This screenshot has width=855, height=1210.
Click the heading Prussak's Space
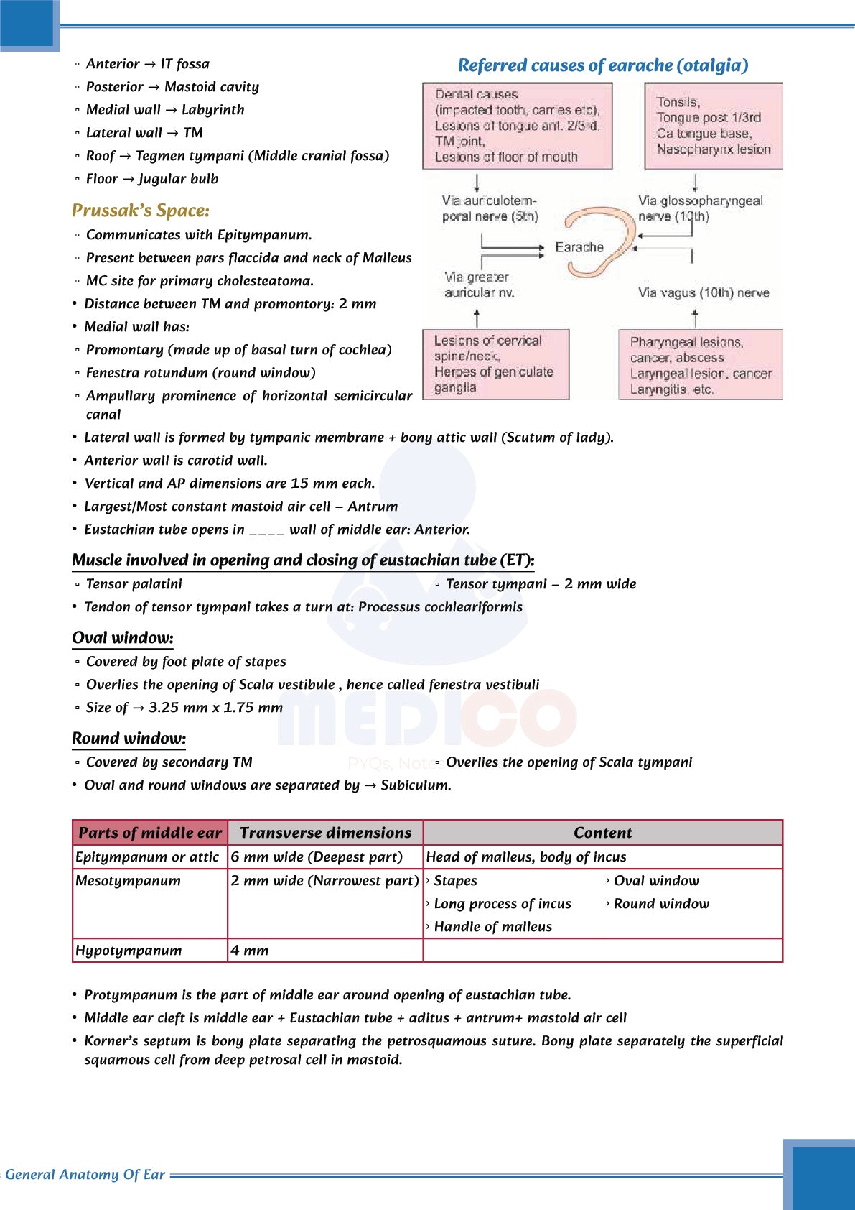point(141,211)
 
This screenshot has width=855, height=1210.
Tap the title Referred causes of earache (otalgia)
point(603,65)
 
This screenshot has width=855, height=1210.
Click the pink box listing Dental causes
point(517,126)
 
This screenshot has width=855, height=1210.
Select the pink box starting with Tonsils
point(713,126)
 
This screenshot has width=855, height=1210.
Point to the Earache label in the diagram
point(579,247)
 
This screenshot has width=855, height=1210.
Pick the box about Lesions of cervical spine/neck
point(495,364)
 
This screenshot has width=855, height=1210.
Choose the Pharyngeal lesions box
point(701,365)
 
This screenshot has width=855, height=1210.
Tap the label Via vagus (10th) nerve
point(704,292)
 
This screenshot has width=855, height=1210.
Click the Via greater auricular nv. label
point(479,285)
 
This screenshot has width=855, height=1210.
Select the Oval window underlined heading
point(123,638)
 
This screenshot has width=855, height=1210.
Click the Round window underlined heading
point(129,739)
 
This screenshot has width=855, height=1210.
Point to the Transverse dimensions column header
point(325,833)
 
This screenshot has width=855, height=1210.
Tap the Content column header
point(602,833)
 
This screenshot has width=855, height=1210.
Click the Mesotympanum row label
point(129,881)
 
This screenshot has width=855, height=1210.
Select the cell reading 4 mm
point(250,951)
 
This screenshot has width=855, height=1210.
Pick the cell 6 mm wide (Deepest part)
point(317,857)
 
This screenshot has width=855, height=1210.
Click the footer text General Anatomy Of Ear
point(85,1175)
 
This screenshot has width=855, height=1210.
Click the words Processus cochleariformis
point(440,607)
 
